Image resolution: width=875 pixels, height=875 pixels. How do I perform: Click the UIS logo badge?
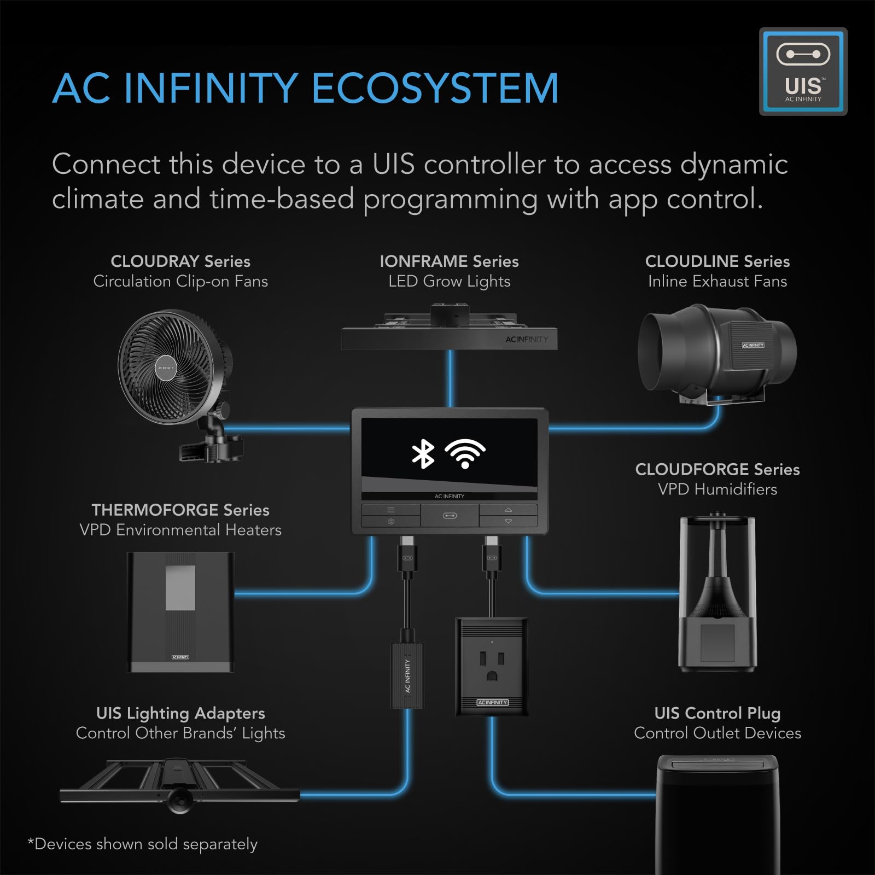[x=803, y=72]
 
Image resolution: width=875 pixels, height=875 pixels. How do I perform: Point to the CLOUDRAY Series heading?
[x=180, y=261]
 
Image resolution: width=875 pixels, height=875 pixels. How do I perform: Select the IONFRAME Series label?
[x=449, y=261]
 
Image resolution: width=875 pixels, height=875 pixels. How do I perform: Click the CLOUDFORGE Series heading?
[x=717, y=469]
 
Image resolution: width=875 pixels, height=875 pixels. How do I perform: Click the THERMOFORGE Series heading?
[x=180, y=510]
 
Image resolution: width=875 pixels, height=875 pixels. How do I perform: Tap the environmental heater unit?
[x=180, y=611]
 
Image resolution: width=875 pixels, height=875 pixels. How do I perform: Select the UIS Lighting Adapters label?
[x=180, y=713]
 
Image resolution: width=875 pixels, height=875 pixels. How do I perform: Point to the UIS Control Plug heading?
[x=717, y=713]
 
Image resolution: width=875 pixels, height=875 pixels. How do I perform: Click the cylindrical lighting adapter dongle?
[x=407, y=675]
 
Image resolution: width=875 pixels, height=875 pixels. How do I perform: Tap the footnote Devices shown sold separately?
[x=143, y=844]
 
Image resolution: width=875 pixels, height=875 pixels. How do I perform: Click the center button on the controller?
[x=450, y=516]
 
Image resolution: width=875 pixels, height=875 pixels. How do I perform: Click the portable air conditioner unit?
[x=717, y=815]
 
